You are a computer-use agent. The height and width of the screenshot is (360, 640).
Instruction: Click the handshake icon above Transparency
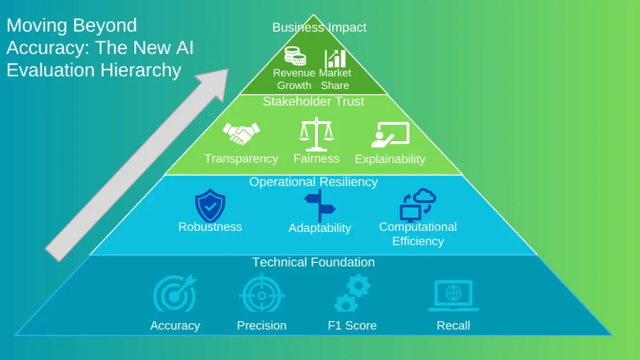pos(241,133)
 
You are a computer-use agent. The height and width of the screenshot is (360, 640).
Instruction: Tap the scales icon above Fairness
pos(317,134)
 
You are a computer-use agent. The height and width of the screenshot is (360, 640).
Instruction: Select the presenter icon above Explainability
pos(390,134)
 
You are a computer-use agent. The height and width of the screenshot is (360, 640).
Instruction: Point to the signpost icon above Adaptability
pos(319,206)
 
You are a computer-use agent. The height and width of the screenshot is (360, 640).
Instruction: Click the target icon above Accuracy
pos(175,294)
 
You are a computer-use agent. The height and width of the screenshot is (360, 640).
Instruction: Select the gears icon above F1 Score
pos(352,293)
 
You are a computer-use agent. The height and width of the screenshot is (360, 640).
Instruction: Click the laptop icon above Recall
pos(453,296)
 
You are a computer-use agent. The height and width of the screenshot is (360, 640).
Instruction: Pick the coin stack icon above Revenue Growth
pos(295,56)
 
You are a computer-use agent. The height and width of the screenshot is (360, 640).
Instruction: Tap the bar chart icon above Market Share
pos(335,59)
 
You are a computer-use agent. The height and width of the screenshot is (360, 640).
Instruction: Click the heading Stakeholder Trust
pos(314,102)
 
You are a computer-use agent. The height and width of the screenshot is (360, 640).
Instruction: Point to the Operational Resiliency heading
pos(314,182)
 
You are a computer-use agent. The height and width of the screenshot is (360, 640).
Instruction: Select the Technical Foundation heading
pos(314,262)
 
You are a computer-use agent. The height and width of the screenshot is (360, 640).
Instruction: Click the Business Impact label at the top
pos(319,28)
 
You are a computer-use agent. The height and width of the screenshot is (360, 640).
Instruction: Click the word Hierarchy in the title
pos(141,71)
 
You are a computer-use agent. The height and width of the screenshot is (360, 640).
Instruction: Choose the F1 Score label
pos(352,326)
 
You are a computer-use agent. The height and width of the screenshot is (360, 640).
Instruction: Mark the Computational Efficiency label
pos(418,234)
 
